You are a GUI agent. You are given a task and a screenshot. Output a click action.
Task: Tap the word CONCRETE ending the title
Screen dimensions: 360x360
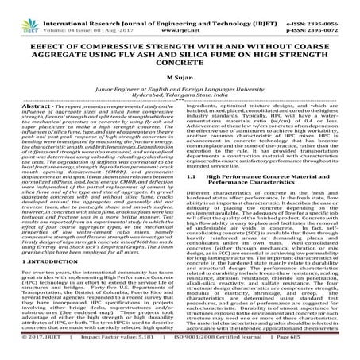[x=180, y=50]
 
